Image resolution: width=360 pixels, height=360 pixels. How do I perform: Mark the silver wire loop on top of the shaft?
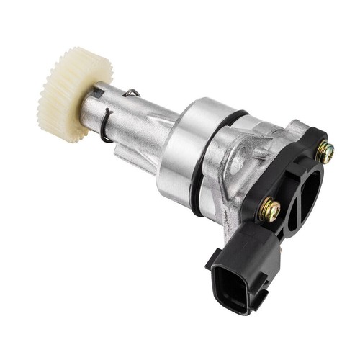(x=132, y=92)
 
